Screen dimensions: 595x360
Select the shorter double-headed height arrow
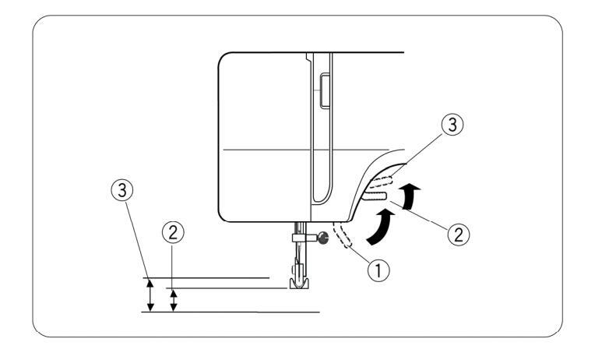(174, 299)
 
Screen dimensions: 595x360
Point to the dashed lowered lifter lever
(340, 235)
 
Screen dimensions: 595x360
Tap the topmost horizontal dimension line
(206, 277)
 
